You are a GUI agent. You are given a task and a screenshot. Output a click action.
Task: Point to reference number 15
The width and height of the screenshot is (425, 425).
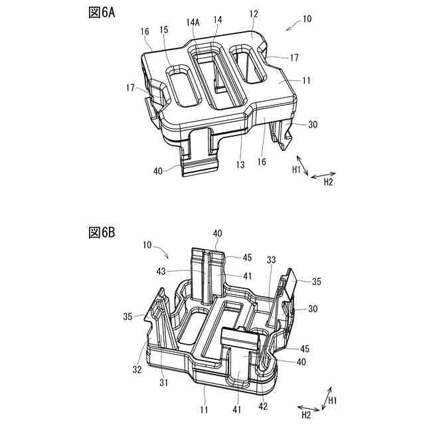click(164, 30)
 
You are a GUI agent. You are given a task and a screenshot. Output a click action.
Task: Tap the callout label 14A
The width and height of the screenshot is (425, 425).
click(195, 22)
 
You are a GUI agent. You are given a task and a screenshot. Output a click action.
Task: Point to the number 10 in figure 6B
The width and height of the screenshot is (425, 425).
click(147, 244)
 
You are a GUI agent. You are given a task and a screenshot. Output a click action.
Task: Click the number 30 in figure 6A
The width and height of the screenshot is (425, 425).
click(313, 124)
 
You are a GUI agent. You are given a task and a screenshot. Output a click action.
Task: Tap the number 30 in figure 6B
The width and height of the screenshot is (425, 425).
click(313, 308)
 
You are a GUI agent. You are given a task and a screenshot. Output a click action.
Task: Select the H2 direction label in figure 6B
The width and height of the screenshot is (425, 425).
click(307, 416)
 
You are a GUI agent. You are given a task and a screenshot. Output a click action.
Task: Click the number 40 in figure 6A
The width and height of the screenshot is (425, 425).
click(158, 171)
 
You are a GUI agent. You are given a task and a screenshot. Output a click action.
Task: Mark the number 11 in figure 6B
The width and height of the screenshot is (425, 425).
click(205, 411)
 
